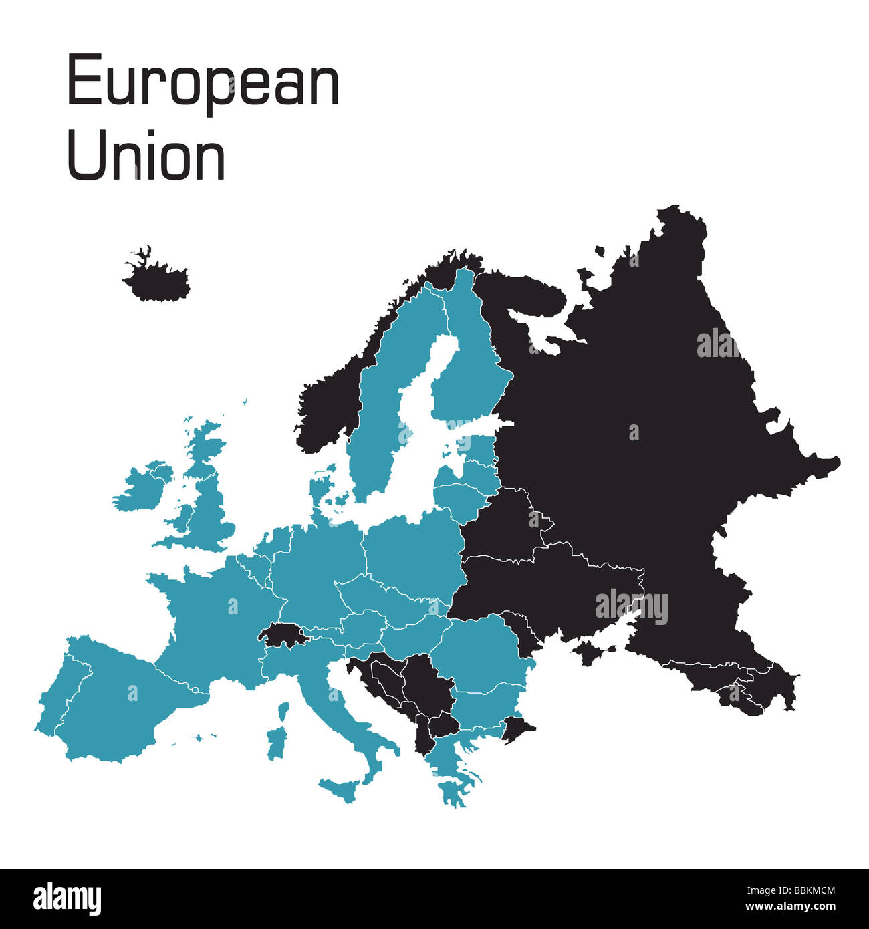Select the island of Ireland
click(x=142, y=486)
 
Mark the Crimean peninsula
click(x=592, y=652)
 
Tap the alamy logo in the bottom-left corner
click(x=67, y=898)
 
